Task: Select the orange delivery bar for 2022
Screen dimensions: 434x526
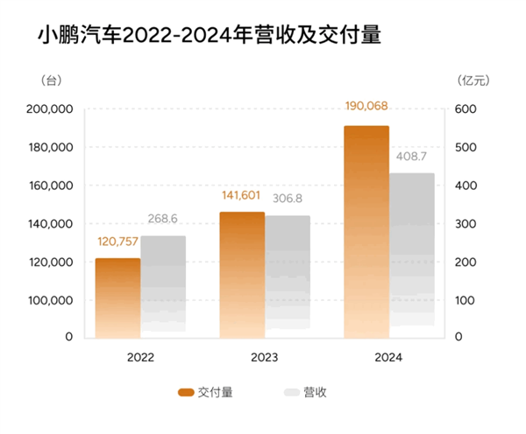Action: point(117,297)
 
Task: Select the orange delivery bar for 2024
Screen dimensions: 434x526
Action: point(366,232)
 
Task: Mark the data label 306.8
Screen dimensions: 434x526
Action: point(288,199)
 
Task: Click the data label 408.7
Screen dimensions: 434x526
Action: point(412,157)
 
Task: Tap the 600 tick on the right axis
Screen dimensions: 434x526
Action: point(464,110)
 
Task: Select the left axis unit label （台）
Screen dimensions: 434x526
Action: point(52,80)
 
